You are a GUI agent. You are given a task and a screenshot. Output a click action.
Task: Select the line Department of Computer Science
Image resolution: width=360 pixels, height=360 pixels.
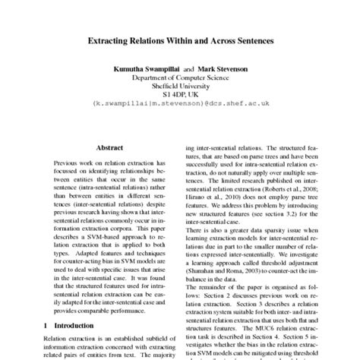180,78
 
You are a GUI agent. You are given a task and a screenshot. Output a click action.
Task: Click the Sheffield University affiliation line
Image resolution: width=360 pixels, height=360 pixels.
180,88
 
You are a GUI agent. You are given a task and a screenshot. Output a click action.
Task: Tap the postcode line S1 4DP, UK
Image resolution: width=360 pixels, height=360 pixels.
180,97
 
